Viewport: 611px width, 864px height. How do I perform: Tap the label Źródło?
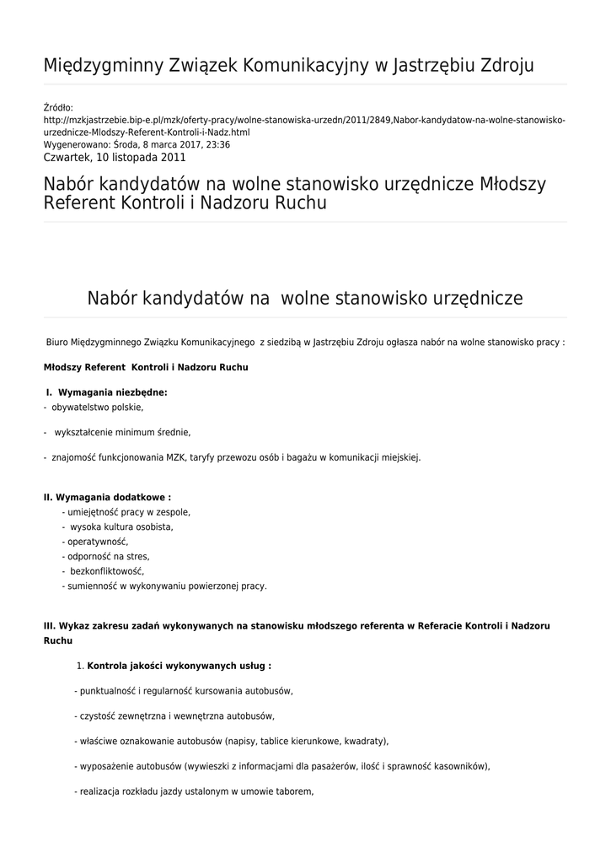(58, 108)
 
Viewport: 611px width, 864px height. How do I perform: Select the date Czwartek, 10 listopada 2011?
(114, 157)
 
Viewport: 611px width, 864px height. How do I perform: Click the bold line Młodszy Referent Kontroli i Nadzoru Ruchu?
(146, 368)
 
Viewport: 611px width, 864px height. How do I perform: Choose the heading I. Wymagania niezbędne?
(107, 392)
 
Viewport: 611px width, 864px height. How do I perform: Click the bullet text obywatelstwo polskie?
(97, 407)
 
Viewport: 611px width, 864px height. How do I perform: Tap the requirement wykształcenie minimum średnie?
(122, 432)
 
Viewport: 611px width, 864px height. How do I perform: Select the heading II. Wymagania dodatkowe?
(107, 498)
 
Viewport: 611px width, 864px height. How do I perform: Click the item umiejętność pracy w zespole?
(127, 512)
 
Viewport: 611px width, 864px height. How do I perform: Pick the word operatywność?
(97, 542)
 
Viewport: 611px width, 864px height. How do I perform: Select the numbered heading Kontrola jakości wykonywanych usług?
(179, 666)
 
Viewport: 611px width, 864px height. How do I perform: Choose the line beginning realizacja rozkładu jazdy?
(194, 792)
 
